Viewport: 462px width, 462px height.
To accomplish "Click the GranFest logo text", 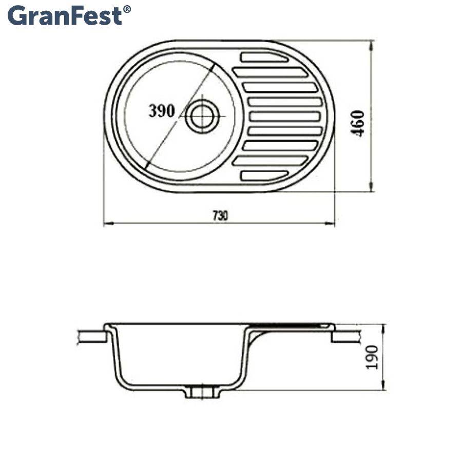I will coord(65,15).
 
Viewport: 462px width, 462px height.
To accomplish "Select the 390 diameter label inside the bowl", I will coord(162,111).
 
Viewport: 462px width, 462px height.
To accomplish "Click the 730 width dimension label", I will coord(219,216).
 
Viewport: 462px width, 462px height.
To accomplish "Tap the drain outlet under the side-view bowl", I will coord(202,392).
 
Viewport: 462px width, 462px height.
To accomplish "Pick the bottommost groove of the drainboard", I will coord(262,176).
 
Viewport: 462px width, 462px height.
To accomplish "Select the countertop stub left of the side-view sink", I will coord(91,336).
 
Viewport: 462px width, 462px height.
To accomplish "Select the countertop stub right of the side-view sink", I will coord(345,336).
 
